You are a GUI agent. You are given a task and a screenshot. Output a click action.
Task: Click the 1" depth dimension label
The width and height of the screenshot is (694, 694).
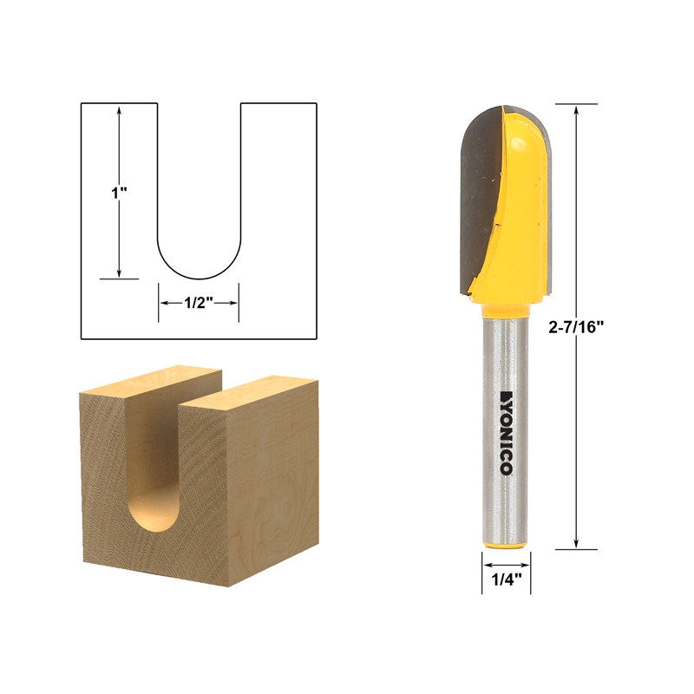(119, 193)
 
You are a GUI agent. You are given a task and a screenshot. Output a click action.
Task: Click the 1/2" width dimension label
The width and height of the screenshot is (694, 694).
(199, 303)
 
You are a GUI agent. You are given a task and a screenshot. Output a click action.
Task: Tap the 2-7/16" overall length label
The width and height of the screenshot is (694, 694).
(576, 327)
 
